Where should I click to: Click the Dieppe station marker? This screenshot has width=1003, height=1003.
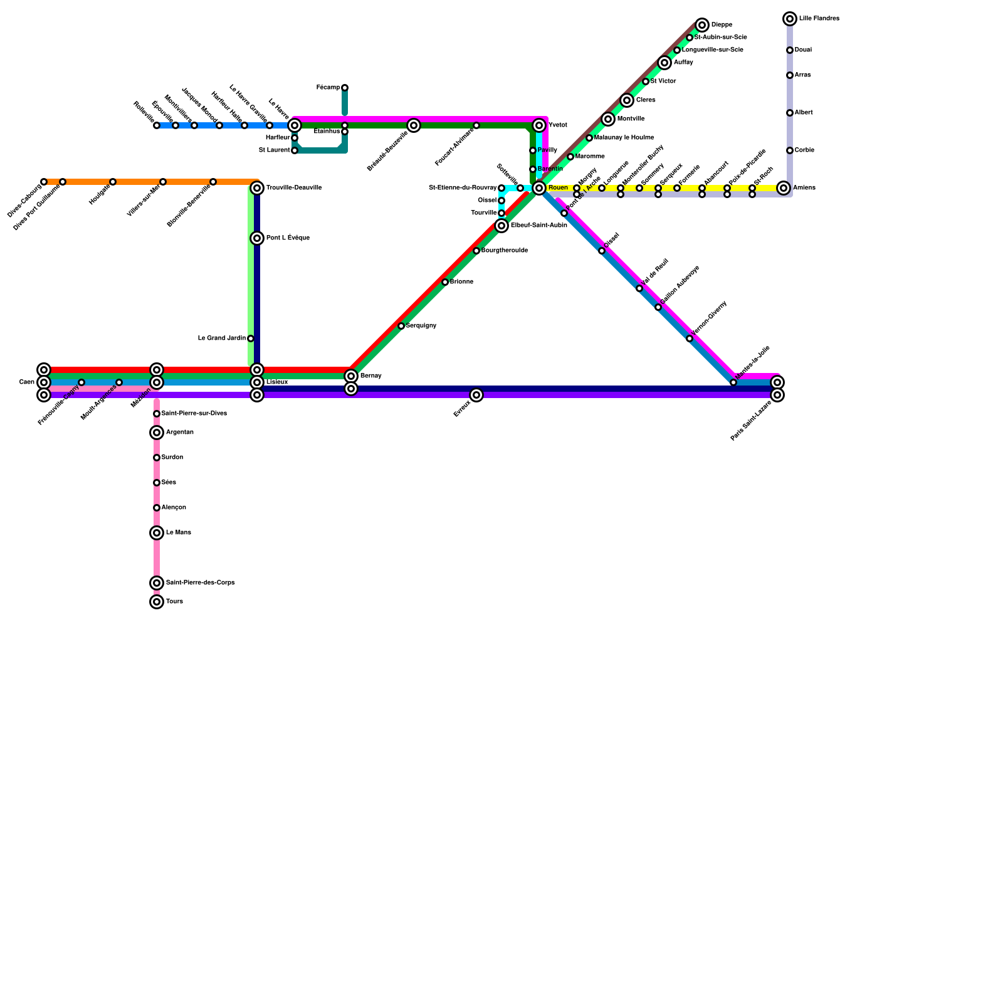(x=702, y=25)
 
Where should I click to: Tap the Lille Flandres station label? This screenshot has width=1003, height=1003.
(x=819, y=19)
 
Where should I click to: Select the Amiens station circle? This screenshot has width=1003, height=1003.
(x=784, y=188)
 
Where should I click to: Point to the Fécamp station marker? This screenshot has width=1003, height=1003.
(x=345, y=88)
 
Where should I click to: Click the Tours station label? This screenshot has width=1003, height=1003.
(x=174, y=602)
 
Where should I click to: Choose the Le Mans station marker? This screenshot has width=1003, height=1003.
(x=157, y=533)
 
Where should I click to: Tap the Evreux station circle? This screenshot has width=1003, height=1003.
(x=476, y=395)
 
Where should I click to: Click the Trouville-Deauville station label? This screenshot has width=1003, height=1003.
(x=293, y=188)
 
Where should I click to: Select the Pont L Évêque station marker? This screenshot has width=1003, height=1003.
(x=257, y=238)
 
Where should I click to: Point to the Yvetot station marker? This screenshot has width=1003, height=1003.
(x=539, y=125)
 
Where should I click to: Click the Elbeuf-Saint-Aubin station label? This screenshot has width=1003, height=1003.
(x=538, y=226)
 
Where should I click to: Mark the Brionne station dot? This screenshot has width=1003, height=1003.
(x=445, y=282)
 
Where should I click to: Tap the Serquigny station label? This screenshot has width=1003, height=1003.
(x=421, y=326)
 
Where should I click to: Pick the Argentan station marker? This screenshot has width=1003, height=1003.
(x=157, y=433)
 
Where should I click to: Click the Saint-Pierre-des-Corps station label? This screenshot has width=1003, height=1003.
(x=200, y=583)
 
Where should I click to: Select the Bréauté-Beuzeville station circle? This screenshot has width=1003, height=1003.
(x=414, y=125)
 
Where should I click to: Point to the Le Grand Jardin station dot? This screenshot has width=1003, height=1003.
(x=251, y=339)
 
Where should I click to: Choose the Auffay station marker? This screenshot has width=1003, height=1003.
(x=664, y=63)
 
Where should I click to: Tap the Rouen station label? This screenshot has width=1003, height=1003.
(x=557, y=188)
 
